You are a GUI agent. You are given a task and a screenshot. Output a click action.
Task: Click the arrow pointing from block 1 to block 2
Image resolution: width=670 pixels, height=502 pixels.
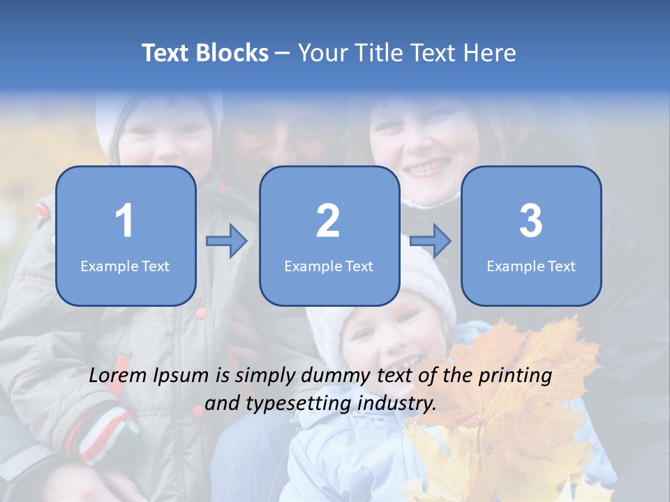coord(227,241)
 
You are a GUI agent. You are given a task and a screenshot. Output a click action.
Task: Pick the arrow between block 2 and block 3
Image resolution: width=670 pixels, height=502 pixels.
coord(431,241)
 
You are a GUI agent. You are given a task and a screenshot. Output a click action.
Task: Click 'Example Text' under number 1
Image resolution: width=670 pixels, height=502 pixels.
coord(125,266)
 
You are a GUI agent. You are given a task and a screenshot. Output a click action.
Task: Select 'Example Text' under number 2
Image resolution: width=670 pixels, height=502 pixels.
coord(329,266)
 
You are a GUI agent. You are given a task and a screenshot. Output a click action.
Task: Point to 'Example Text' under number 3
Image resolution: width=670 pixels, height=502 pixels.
coord(531,266)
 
